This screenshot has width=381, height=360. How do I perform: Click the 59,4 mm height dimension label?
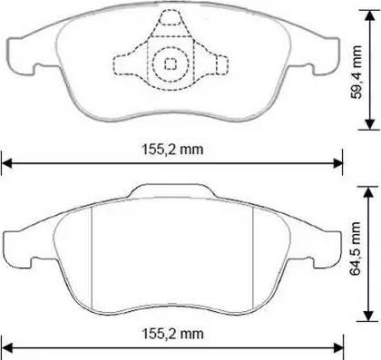pos(356,72)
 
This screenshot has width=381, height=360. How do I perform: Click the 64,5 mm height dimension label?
pos(355,248)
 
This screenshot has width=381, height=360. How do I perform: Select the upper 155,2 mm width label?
pos(172,150)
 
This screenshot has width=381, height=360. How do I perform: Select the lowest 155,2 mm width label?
pos(172,334)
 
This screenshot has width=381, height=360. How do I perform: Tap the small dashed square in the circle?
pos(171,63)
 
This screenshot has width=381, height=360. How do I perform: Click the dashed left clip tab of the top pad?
pos(129,64)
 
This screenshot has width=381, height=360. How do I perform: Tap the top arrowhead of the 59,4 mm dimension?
pos(368,15)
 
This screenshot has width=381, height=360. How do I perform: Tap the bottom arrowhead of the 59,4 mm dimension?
pos(369,124)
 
